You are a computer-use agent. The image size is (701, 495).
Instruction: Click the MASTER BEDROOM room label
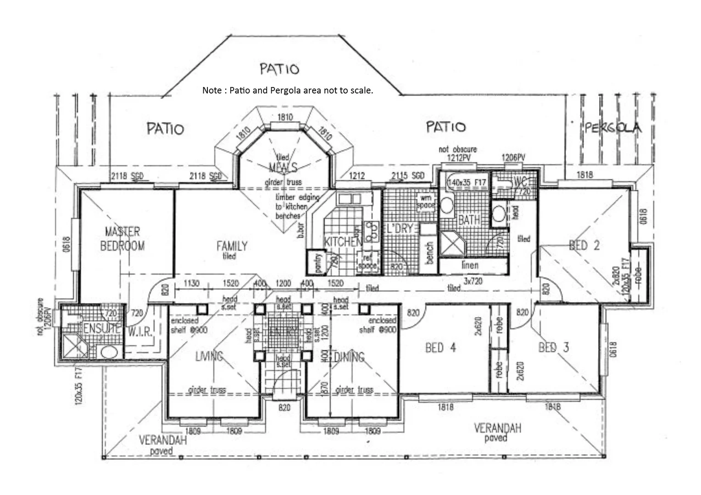(x=122, y=238)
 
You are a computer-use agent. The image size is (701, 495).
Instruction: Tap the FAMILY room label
(x=232, y=246)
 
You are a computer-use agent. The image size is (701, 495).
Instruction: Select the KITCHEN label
(x=342, y=242)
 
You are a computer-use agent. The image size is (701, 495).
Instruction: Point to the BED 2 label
(x=584, y=245)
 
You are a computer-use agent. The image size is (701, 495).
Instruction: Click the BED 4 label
(x=440, y=347)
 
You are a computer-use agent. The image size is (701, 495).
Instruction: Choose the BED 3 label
(x=553, y=347)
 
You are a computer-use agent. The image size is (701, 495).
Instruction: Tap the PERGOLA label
(x=613, y=127)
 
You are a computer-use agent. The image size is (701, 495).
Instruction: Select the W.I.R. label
(x=140, y=331)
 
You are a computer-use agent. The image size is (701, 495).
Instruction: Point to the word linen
(x=470, y=265)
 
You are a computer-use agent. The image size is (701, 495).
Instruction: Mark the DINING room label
(x=349, y=357)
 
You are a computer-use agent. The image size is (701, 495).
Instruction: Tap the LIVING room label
(x=209, y=356)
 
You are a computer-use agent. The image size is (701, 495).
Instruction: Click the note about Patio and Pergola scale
(x=288, y=90)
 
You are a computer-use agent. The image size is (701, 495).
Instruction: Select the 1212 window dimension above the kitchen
(x=356, y=176)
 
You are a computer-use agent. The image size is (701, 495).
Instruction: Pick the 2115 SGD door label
(x=407, y=176)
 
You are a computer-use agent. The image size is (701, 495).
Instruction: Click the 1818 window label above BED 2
(x=584, y=175)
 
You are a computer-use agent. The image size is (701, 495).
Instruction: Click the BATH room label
(x=469, y=220)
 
